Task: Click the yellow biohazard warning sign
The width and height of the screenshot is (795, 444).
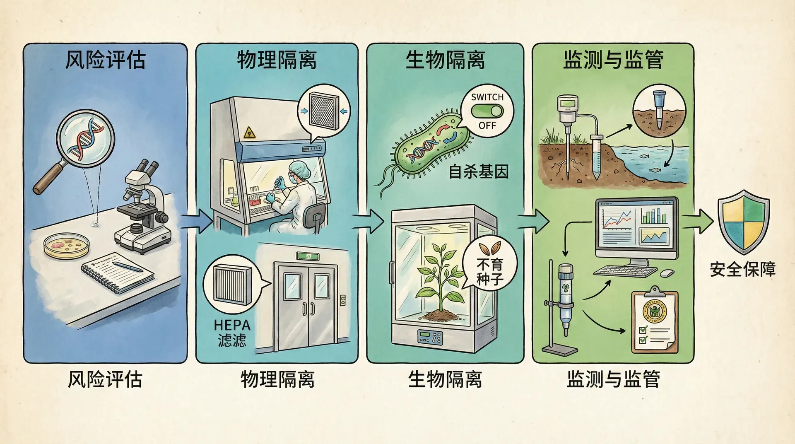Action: (249, 133)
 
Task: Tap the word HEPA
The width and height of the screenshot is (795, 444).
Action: (232, 325)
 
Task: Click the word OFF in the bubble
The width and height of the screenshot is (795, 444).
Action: (487, 125)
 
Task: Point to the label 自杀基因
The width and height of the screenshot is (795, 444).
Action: (479, 171)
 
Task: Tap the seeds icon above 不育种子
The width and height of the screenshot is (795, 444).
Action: (490, 249)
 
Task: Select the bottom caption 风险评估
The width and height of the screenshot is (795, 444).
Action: (105, 379)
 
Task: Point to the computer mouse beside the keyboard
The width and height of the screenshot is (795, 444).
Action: (667, 273)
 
